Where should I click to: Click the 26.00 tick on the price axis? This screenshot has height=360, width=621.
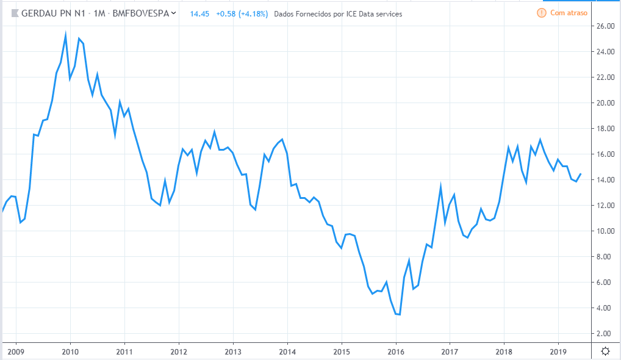[x=605, y=26]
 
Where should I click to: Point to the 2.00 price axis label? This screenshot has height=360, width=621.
[x=605, y=334]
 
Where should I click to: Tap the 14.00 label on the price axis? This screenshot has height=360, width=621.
[x=605, y=180]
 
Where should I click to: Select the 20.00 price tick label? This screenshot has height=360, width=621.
[x=605, y=103]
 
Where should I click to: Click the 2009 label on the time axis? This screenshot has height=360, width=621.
[x=15, y=351]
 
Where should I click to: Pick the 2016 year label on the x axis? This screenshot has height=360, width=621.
[x=396, y=351]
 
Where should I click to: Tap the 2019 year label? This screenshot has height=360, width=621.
[x=559, y=351]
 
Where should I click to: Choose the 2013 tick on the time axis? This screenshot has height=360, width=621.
[x=233, y=351]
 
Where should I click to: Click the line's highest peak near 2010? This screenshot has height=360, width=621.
[x=65, y=35]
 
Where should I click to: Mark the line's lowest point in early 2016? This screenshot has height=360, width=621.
[x=400, y=314]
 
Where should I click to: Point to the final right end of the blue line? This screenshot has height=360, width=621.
[x=581, y=174]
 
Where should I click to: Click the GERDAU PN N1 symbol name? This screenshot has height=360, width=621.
[x=52, y=13]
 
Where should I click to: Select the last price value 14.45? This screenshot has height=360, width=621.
[x=200, y=13]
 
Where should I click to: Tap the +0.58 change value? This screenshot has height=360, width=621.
[x=224, y=13]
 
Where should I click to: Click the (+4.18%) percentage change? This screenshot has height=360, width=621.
[x=254, y=13]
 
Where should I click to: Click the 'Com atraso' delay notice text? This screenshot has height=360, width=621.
[x=569, y=13]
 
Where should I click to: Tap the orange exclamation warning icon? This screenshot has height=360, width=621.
[x=541, y=13]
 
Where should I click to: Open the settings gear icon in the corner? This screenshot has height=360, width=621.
[x=605, y=351]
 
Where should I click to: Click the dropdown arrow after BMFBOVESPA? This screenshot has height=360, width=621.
[x=174, y=13]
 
